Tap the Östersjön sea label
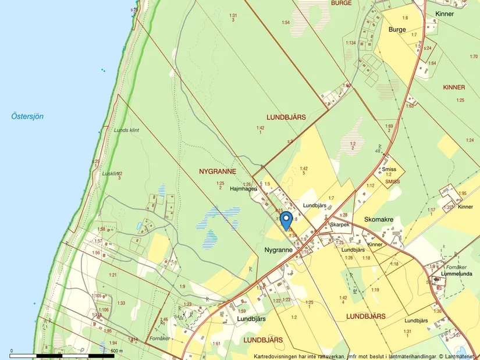[27, 116]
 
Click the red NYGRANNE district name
[217, 172]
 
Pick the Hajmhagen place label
[243, 188]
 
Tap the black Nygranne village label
[278, 249]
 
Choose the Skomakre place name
[379, 220]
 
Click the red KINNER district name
[454, 87]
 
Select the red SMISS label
[393, 181]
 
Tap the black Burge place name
[397, 28]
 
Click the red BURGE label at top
[341, 3]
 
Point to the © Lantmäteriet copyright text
[457, 355]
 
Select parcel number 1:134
[350, 43]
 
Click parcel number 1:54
[285, 22]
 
